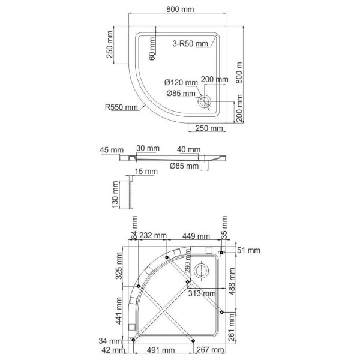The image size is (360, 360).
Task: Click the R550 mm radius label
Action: (122, 107)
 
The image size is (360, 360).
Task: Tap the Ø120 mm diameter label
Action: (181, 82)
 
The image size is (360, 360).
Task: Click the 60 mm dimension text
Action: (152, 48)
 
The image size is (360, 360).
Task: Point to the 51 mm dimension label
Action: (247, 250)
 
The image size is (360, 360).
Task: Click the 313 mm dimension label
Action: (201, 294)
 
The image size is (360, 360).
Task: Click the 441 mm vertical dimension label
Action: (119, 317)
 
